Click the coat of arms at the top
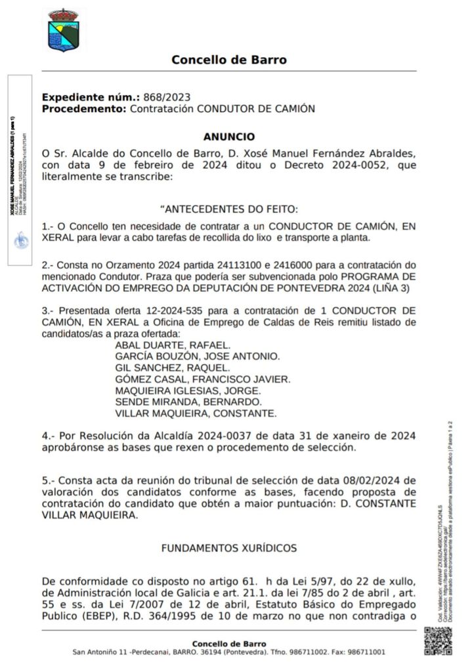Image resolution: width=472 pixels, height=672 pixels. click(64, 30)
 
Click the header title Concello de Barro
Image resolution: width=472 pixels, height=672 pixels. click(229, 60)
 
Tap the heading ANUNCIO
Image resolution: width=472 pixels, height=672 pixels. click(229, 137)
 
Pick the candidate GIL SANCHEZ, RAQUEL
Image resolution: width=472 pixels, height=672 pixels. click(172, 367)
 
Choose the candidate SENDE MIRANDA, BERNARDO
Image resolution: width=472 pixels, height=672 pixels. click(188, 402)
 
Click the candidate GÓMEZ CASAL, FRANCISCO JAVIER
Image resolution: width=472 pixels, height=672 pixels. click(202, 379)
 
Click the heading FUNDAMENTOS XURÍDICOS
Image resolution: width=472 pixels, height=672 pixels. click(229, 547)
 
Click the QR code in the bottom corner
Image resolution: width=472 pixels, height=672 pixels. click(438, 641)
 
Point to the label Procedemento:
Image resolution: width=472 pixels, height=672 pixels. click(84, 108)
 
